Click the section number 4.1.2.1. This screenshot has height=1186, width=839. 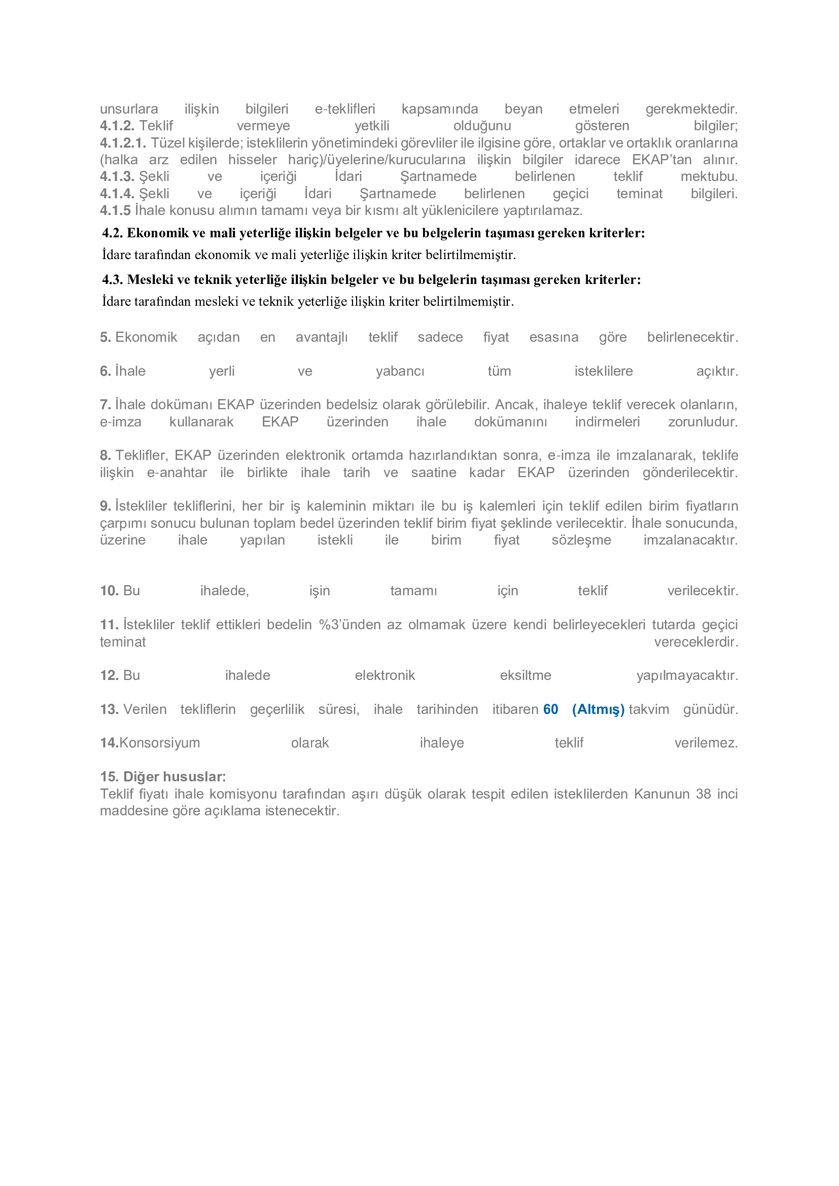pyautogui.click(x=123, y=143)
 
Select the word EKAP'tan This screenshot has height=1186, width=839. pyautogui.click(x=661, y=160)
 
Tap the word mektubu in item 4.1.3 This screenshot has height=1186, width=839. pyautogui.click(x=708, y=176)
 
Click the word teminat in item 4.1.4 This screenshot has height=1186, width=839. pyautogui.click(x=639, y=194)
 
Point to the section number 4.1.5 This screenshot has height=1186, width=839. pyautogui.click(x=115, y=211)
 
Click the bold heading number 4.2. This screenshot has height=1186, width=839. pyautogui.click(x=112, y=233)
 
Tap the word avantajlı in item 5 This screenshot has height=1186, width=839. pyautogui.click(x=321, y=337)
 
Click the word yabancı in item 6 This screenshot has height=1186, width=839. pyautogui.click(x=400, y=371)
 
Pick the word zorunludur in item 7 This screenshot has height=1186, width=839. pyautogui.click(x=702, y=422)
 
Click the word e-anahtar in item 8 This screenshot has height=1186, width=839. pyautogui.click(x=177, y=473)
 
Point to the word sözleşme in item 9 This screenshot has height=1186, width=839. pyautogui.click(x=581, y=541)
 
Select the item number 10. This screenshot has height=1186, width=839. pyautogui.click(x=110, y=591)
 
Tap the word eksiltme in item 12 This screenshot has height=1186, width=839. pyautogui.click(x=525, y=675)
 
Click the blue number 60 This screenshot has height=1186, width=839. pyautogui.click(x=550, y=709)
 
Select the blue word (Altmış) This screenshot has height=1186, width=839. pyautogui.click(x=598, y=710)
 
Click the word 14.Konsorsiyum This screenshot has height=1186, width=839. pyautogui.click(x=150, y=743)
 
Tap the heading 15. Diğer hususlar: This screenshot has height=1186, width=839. pyautogui.click(x=163, y=777)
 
